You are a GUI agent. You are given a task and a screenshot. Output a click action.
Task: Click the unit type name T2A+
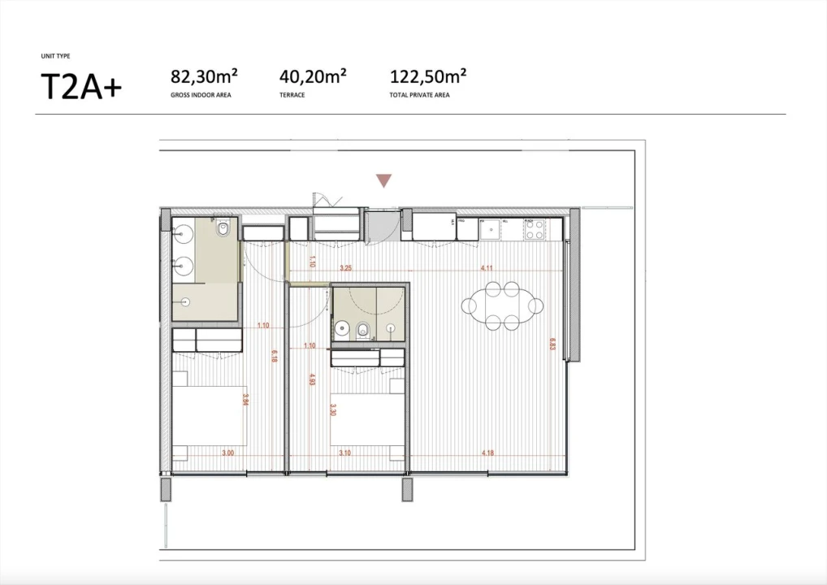pos(80,85)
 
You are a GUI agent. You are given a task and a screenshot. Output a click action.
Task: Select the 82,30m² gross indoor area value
pos(203,77)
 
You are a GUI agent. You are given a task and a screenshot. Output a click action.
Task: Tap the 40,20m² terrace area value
pos(313,77)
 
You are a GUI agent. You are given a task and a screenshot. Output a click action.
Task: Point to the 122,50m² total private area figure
pos(428,77)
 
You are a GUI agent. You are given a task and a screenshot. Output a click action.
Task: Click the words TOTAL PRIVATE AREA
pos(420,95)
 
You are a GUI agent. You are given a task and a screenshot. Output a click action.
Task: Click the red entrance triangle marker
pos(383,180)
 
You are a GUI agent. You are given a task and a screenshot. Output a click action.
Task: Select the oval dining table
pos(502,305)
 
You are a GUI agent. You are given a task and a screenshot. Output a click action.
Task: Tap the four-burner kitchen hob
pos(534,230)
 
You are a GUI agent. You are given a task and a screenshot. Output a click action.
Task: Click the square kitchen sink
pos(491,231)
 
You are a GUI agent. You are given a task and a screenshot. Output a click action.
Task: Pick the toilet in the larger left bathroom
pos(223,231)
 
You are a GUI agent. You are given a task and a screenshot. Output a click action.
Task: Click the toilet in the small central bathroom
pos(363,330)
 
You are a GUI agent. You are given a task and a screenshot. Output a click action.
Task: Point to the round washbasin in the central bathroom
pos(341,330)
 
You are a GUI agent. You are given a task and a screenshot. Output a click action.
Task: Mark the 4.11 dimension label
pos(487,267)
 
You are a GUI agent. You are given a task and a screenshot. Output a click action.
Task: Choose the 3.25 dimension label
pos(345,267)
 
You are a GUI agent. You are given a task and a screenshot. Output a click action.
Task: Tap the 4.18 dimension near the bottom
pos(487,453)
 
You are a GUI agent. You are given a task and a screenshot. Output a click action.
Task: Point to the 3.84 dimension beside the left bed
pos(245,400)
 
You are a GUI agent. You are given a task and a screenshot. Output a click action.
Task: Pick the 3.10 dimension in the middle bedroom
pos(344,453)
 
